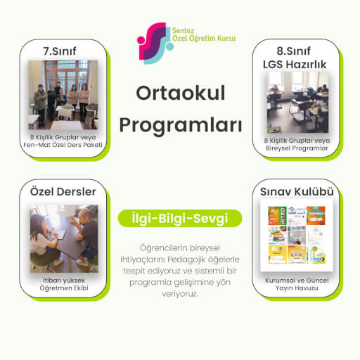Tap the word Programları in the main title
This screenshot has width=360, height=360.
click(180, 125)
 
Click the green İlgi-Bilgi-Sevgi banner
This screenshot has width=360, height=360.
click(180, 219)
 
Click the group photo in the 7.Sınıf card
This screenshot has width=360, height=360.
click(63, 94)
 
